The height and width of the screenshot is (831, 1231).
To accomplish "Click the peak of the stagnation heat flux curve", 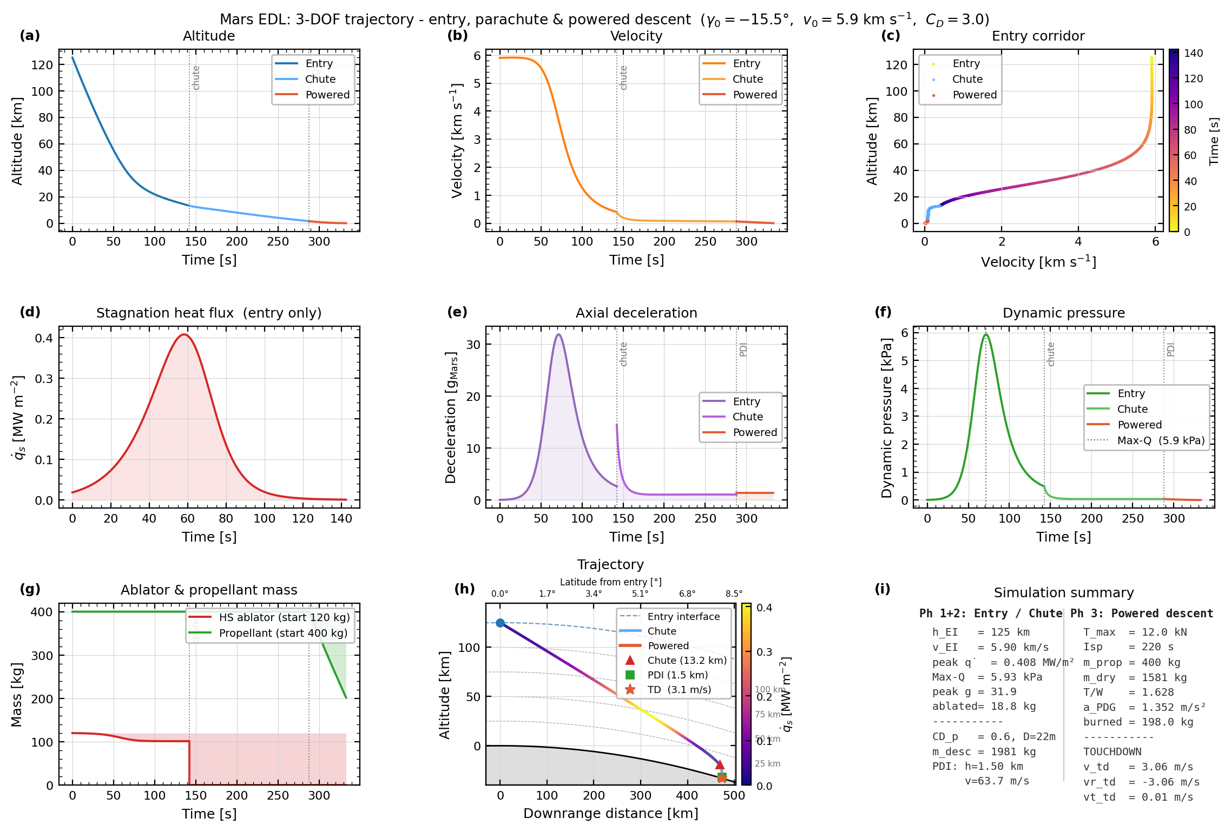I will tap(184, 335).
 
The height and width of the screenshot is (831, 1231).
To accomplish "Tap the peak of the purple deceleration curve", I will tap(558, 335).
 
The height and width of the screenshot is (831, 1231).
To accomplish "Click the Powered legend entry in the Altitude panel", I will tap(327, 95).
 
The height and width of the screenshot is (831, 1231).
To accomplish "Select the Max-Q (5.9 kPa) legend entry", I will tap(1160, 440).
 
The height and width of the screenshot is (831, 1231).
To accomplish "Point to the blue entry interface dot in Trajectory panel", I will tap(500, 623).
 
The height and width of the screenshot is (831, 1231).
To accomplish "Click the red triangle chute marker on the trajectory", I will tap(719, 764).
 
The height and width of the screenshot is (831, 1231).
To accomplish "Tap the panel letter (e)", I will tap(457, 312).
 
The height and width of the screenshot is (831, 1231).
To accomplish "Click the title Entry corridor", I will tap(1038, 36).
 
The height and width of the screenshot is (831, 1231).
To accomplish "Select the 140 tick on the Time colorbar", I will tap(1193, 54).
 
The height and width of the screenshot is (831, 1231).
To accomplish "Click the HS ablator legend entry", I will tap(284, 617).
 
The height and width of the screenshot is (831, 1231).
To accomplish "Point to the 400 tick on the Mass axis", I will tap(42, 612).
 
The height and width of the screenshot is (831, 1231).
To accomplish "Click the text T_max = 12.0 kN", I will tap(1135, 632).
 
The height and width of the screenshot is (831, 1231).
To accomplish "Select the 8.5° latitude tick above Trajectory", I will tap(734, 593).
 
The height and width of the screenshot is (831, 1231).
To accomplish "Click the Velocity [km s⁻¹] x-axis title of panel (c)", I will tap(1038, 262).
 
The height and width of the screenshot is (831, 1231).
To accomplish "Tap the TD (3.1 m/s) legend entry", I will tap(679, 689).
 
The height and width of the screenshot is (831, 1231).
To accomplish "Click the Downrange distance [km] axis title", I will tap(610, 813).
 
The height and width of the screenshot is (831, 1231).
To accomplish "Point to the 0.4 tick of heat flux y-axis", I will tap(44, 338).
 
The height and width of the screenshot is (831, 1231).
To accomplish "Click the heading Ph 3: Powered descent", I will tap(1141, 614).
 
